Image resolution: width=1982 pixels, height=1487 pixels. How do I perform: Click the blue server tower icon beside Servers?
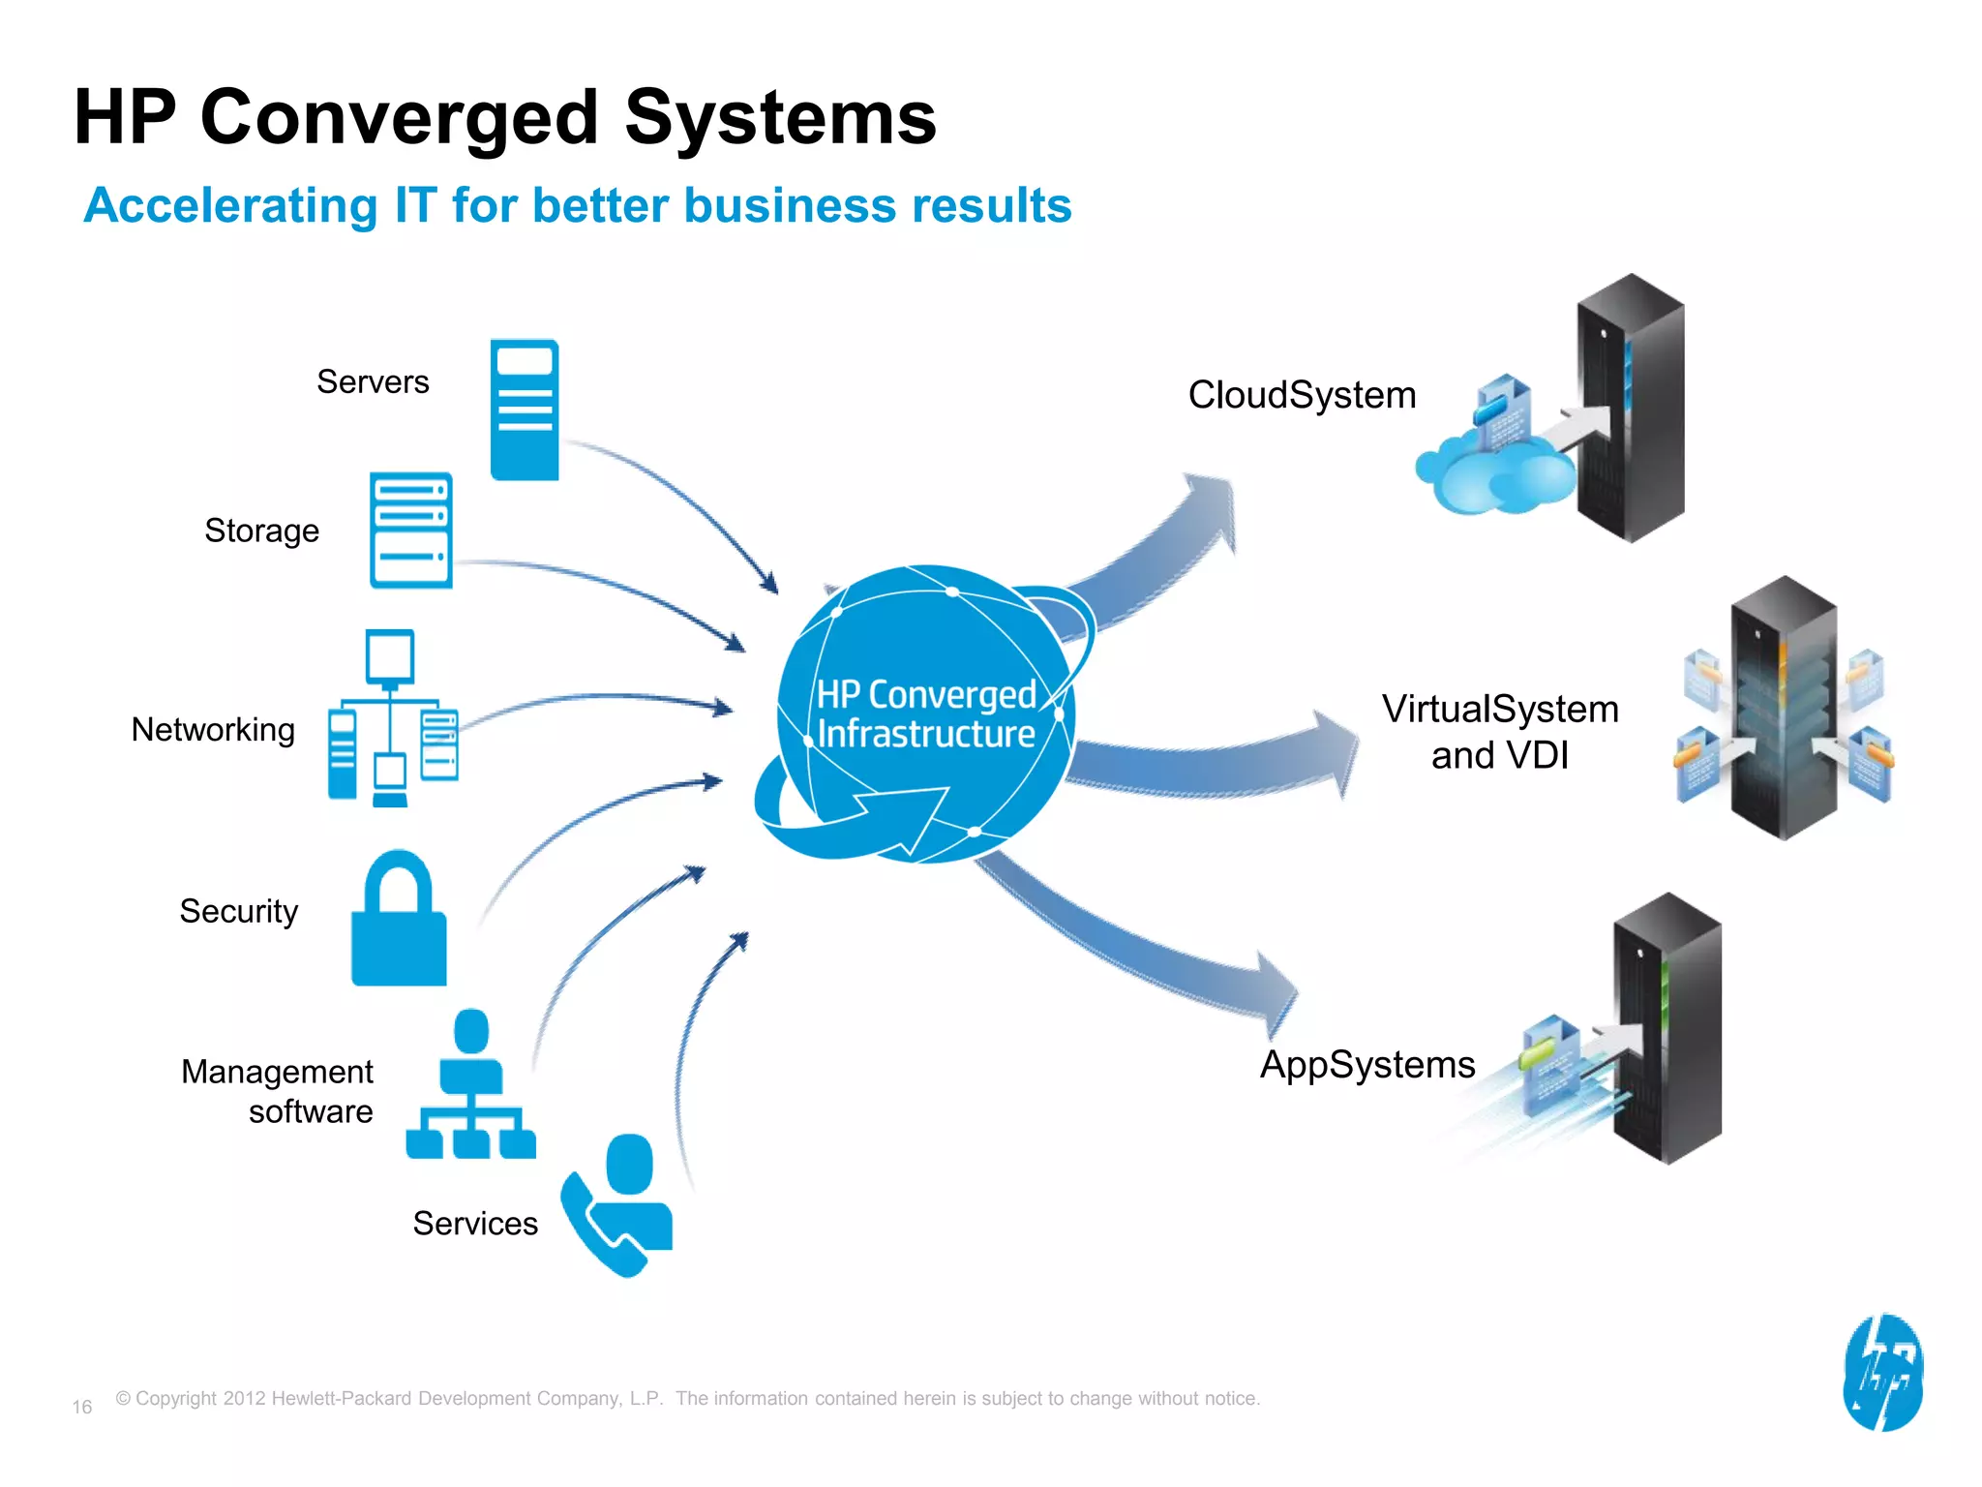(x=524, y=410)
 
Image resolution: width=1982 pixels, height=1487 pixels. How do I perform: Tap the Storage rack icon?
(x=410, y=530)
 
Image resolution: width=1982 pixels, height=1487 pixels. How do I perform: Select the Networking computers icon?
(x=392, y=717)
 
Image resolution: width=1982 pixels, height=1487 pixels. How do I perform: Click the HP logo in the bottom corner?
(x=1882, y=1372)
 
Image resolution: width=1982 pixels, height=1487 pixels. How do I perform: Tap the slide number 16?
(x=82, y=1407)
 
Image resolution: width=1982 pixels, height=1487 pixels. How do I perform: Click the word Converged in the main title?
(x=399, y=118)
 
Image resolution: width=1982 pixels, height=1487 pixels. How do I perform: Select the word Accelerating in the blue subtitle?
(x=230, y=205)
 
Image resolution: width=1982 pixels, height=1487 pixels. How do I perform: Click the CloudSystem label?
(x=1302, y=395)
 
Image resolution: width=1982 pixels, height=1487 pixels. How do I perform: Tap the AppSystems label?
(x=1366, y=1065)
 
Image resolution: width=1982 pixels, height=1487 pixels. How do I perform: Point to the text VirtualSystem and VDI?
(x=1499, y=732)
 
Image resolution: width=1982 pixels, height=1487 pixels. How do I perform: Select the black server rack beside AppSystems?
(x=1667, y=1028)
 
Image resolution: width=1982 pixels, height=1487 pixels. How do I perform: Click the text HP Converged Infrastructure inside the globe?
(x=925, y=714)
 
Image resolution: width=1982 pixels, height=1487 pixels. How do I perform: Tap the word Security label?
(x=238, y=911)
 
